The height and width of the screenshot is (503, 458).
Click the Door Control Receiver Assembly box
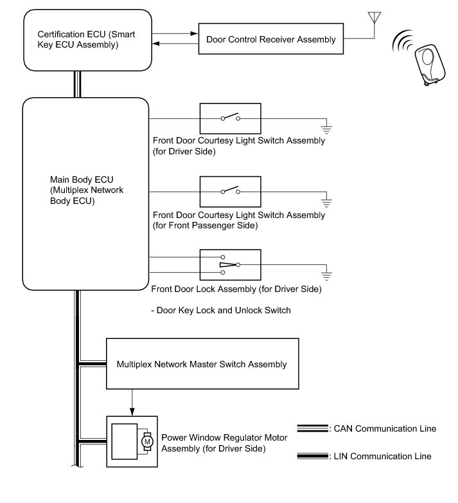pos(270,39)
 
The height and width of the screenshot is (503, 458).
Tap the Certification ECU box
pos(87,39)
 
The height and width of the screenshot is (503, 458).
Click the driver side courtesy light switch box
pos(230,118)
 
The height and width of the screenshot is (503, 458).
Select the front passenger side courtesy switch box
pos(230,191)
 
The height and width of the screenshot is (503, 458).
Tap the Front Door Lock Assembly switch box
pos(230,264)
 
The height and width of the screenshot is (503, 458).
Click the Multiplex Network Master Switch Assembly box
pos(202,365)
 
